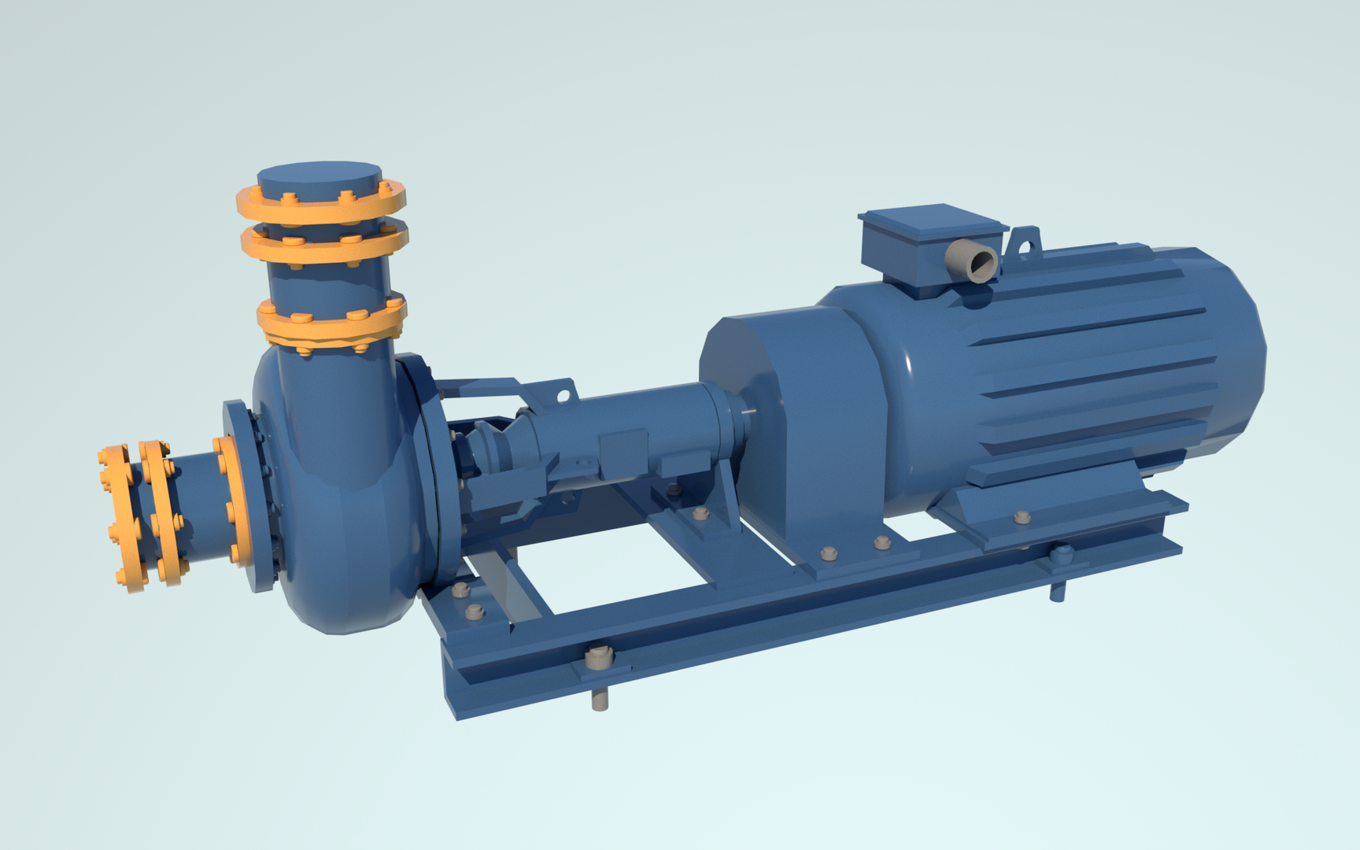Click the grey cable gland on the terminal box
tap(973, 261)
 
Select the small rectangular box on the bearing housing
tap(622, 453)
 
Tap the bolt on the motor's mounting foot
tap(1022, 517)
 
